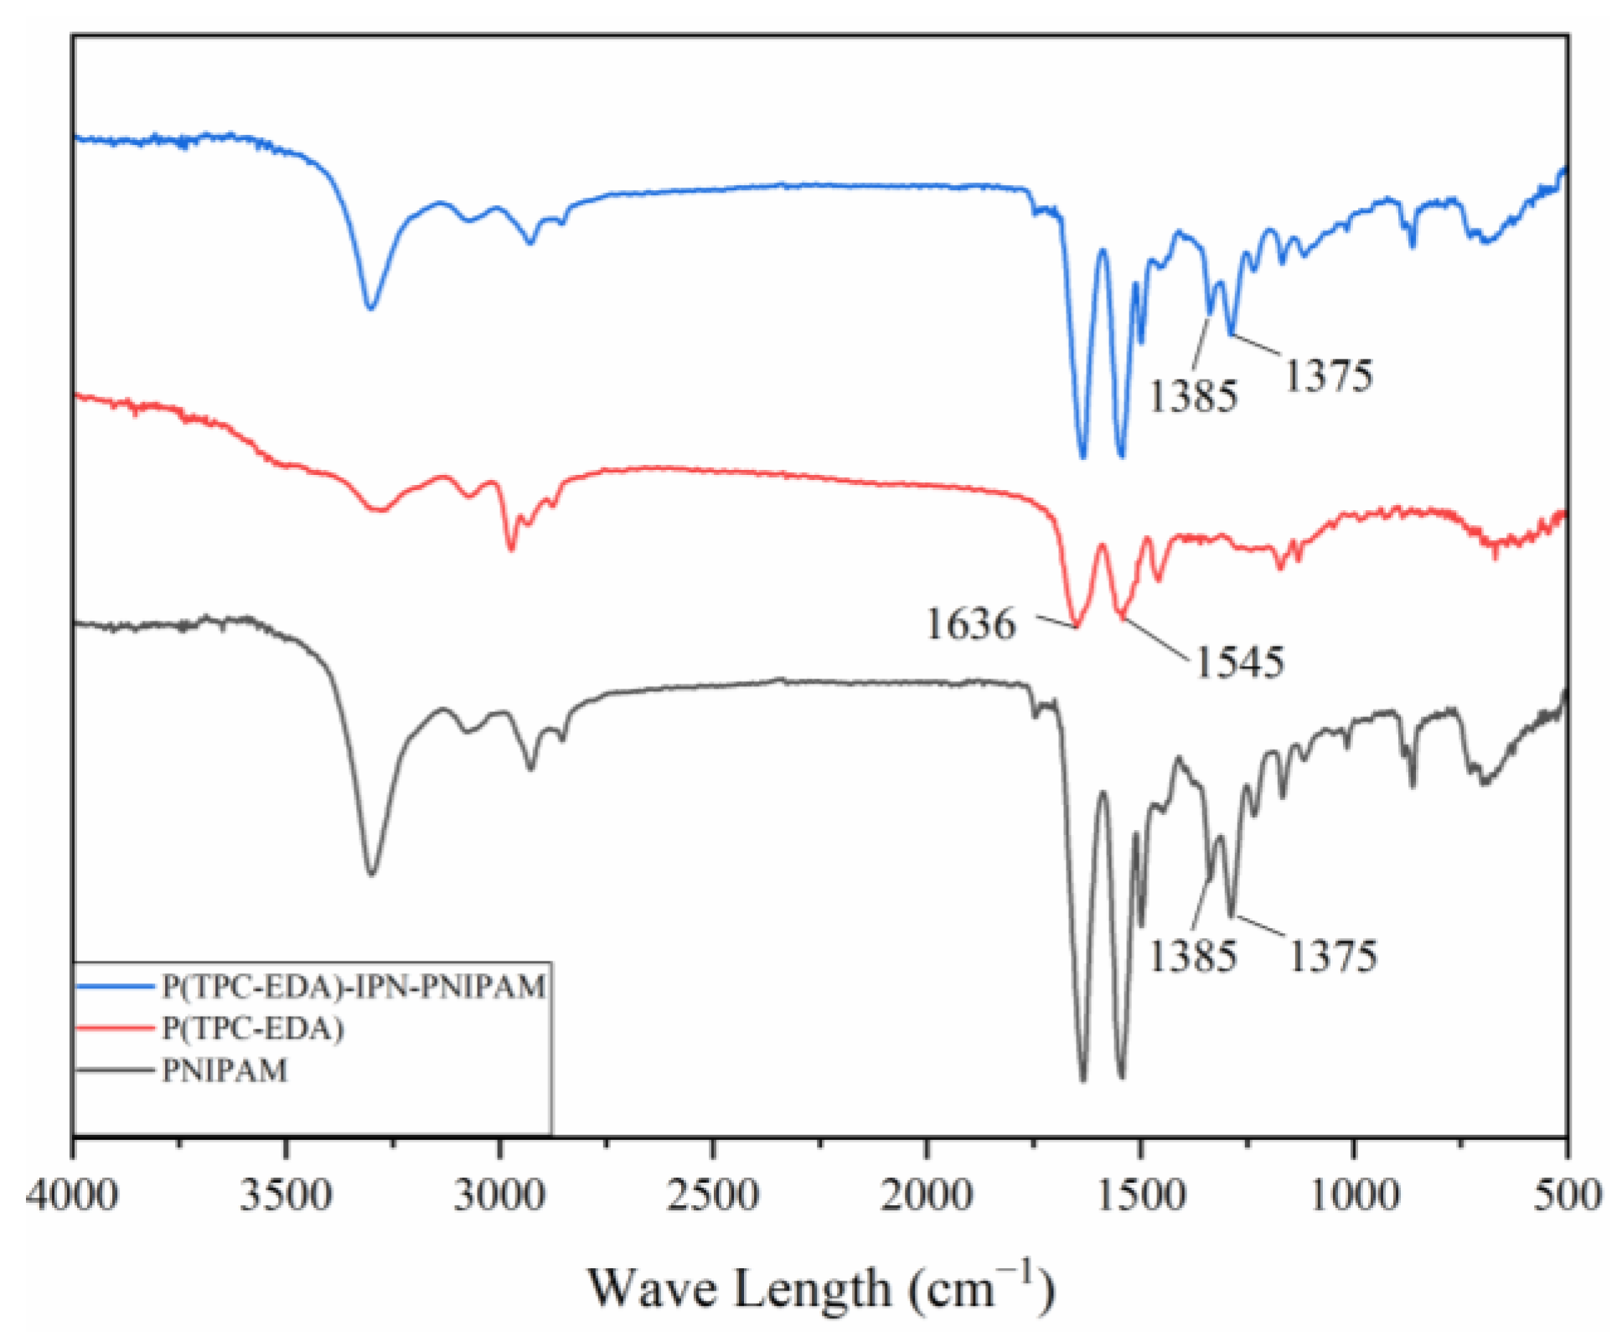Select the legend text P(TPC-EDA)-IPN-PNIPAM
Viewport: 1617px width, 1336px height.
(354, 987)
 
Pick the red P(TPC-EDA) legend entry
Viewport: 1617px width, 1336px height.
(252, 1029)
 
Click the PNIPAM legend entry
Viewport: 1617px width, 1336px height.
(225, 1070)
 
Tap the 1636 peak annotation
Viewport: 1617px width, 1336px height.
(970, 624)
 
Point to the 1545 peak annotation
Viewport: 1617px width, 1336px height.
(1239, 663)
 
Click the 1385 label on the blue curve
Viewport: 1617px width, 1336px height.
(1192, 396)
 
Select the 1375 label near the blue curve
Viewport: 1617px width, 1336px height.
(1329, 375)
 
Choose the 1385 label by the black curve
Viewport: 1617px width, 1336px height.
(1192, 956)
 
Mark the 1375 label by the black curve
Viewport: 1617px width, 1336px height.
(1332, 956)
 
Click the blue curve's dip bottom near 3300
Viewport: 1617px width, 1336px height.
(370, 307)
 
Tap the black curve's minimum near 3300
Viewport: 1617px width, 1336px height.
(371, 874)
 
